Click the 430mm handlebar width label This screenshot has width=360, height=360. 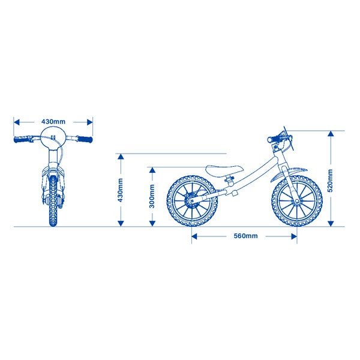[x=53, y=121]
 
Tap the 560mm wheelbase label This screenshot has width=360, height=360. [x=245, y=236]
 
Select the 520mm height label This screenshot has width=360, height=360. [x=330, y=181]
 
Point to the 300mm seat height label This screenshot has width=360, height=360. [x=152, y=196]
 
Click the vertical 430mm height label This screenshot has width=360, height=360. [x=120, y=190]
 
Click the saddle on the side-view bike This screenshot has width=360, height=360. [x=224, y=170]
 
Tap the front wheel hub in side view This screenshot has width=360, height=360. [x=297, y=201]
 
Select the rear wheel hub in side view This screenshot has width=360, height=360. [x=191, y=200]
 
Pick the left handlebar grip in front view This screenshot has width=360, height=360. [x=21, y=139]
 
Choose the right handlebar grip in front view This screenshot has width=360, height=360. [x=85, y=139]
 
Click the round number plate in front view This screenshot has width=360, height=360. [x=53, y=138]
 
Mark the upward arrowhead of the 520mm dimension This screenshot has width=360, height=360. [x=331, y=134]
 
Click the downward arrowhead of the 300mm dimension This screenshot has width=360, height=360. [x=152, y=223]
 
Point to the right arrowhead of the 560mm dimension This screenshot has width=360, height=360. [x=294, y=236]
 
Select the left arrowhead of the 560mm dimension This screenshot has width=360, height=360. [x=194, y=236]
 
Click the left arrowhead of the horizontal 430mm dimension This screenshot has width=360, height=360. [x=17, y=122]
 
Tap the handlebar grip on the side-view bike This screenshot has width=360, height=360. [x=273, y=139]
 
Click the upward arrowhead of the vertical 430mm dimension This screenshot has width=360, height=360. [x=121, y=157]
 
